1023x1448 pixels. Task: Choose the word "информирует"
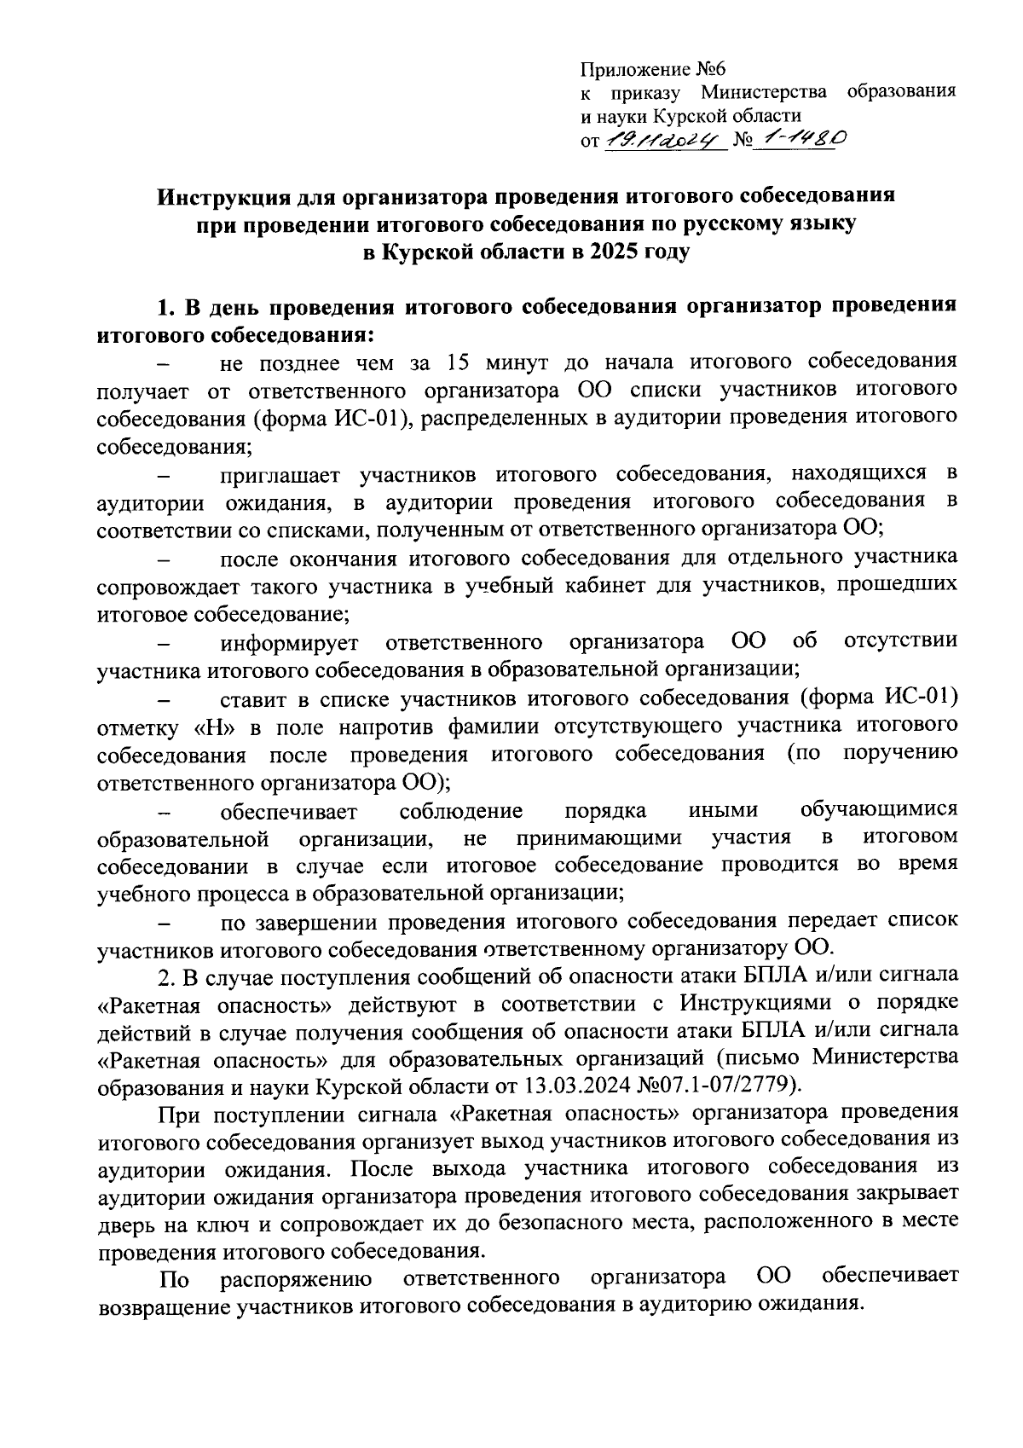tap(289, 641)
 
